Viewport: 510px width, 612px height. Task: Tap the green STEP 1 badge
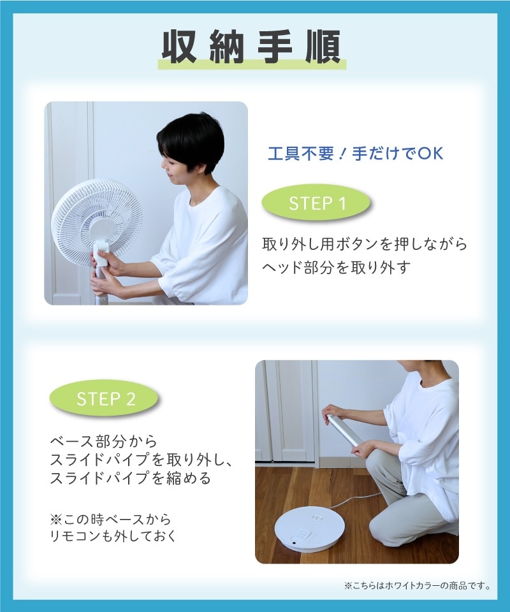[316, 204]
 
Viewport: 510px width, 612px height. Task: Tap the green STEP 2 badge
[105, 399]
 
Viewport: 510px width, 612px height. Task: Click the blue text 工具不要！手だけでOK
[355, 154]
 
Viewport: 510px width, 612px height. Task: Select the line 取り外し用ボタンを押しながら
[365, 244]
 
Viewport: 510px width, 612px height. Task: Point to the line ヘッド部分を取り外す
[336, 268]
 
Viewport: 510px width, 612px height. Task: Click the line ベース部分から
[103, 442]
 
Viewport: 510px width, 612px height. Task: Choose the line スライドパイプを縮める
[129, 478]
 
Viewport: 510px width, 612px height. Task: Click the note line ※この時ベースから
[110, 520]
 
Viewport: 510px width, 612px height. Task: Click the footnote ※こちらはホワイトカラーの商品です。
[417, 585]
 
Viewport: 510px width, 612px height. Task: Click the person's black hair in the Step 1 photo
[191, 137]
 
